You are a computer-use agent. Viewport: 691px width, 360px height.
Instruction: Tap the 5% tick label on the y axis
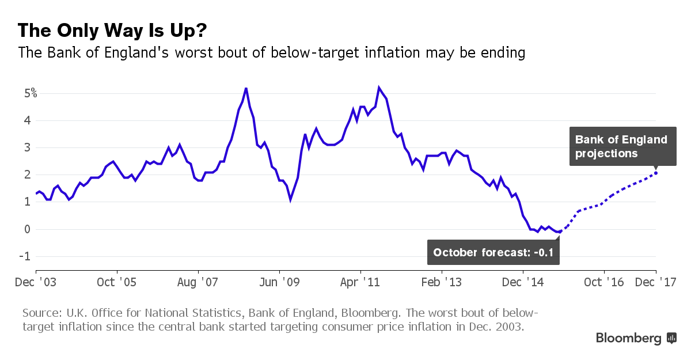(x=31, y=93)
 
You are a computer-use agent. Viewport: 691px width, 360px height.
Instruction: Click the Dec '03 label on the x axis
(x=36, y=282)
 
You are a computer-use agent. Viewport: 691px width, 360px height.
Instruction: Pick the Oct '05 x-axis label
(x=117, y=282)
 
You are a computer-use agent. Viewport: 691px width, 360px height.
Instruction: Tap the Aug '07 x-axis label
(x=198, y=282)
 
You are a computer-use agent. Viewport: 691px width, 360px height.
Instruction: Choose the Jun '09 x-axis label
(x=279, y=282)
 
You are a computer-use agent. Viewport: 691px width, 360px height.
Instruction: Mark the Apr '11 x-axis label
(x=360, y=282)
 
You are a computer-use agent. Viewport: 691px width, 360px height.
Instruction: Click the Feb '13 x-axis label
(x=442, y=282)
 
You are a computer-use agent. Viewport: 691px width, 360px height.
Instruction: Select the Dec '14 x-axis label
(x=523, y=282)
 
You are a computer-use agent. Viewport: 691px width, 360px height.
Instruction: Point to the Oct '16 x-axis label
(x=604, y=282)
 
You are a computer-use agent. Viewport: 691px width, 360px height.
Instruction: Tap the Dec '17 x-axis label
(x=655, y=282)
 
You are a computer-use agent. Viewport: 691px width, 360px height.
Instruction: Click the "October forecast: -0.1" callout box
(x=494, y=252)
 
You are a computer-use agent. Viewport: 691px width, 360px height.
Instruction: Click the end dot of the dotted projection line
(x=656, y=173)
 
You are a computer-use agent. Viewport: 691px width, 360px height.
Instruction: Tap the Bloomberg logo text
(x=629, y=338)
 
